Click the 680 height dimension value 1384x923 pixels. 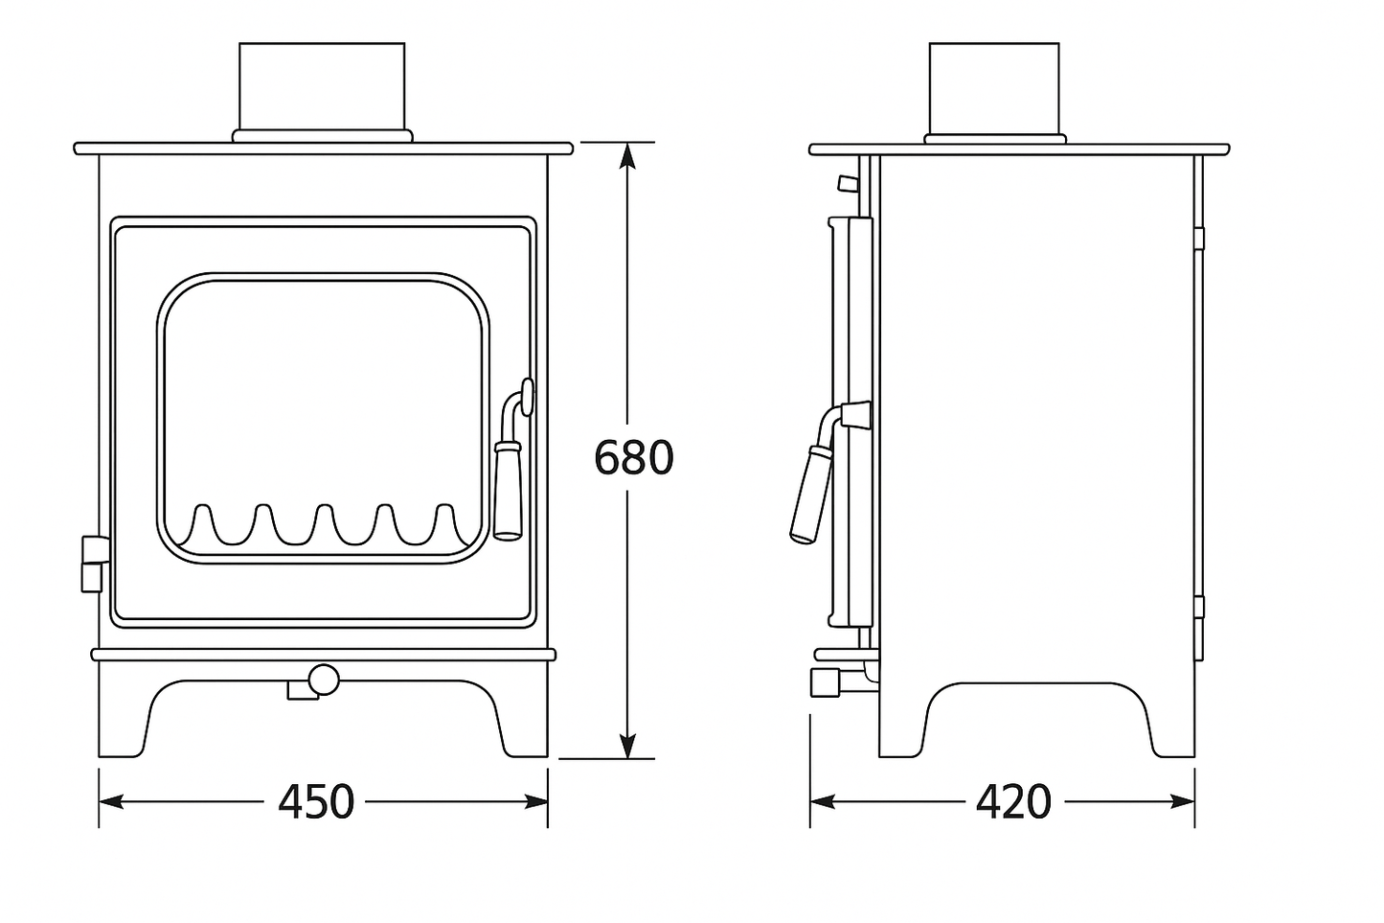(x=634, y=457)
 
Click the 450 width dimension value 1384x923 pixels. (x=316, y=801)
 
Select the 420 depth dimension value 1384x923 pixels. (x=1013, y=801)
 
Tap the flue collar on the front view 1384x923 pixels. (x=322, y=86)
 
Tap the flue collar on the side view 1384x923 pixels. (x=994, y=86)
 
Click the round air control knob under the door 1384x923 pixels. (x=324, y=680)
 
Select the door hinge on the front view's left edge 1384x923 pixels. (x=92, y=563)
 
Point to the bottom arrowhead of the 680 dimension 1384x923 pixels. (x=627, y=746)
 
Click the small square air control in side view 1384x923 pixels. (x=825, y=681)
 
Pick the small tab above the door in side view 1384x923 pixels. (x=847, y=182)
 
